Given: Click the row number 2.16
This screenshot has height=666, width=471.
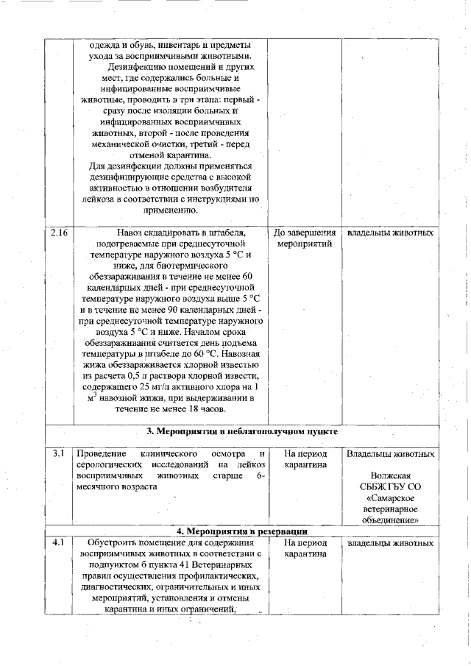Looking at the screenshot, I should pos(60,233).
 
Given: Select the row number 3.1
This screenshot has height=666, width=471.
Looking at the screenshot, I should pos(59,453).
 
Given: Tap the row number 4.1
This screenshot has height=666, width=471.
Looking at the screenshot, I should pos(60,543).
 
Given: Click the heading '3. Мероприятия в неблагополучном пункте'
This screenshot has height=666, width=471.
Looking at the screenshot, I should pos(243,432).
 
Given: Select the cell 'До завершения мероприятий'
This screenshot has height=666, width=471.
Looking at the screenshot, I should pos(305,238).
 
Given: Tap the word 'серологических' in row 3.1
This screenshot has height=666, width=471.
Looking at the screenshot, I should pos(111,465).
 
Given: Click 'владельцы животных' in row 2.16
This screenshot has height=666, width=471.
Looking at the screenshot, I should pos(390,233).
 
